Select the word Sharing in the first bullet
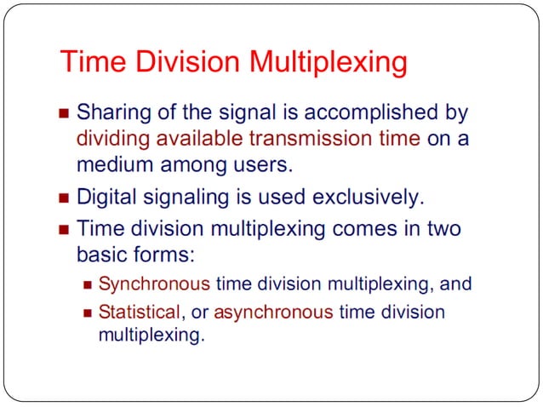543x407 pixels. (x=109, y=112)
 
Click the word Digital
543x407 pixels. (x=103, y=198)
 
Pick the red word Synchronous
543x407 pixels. (x=154, y=284)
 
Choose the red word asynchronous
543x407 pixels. (x=273, y=312)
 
